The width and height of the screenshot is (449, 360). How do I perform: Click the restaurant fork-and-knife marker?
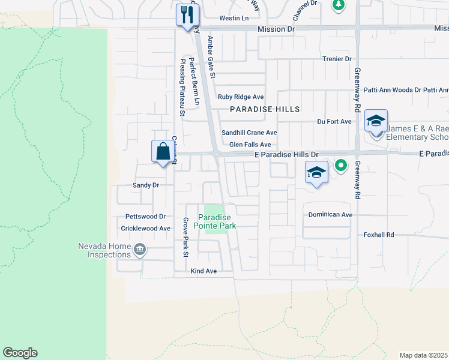188,15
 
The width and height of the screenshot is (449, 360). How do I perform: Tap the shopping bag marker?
163,152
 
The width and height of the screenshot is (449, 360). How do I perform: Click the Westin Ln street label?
234,19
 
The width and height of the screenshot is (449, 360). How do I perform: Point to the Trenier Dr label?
337,59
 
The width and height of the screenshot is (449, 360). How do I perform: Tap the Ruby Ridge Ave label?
241,97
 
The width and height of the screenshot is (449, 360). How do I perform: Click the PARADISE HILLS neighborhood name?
265,109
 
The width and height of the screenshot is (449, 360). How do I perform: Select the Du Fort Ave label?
334,121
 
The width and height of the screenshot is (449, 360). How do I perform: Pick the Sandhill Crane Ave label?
249,133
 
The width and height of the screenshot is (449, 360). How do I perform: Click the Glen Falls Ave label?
250,145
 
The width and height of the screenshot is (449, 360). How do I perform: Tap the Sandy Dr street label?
145,185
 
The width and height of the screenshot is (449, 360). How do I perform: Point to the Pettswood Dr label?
145,216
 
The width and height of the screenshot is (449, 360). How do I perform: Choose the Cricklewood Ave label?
146,229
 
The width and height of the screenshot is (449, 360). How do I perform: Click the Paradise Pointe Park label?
217,221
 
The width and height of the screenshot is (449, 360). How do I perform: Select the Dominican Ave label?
330,214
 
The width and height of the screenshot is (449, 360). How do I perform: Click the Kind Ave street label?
203,271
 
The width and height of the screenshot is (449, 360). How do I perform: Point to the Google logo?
20,353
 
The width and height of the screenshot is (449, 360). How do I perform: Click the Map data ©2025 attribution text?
424,355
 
